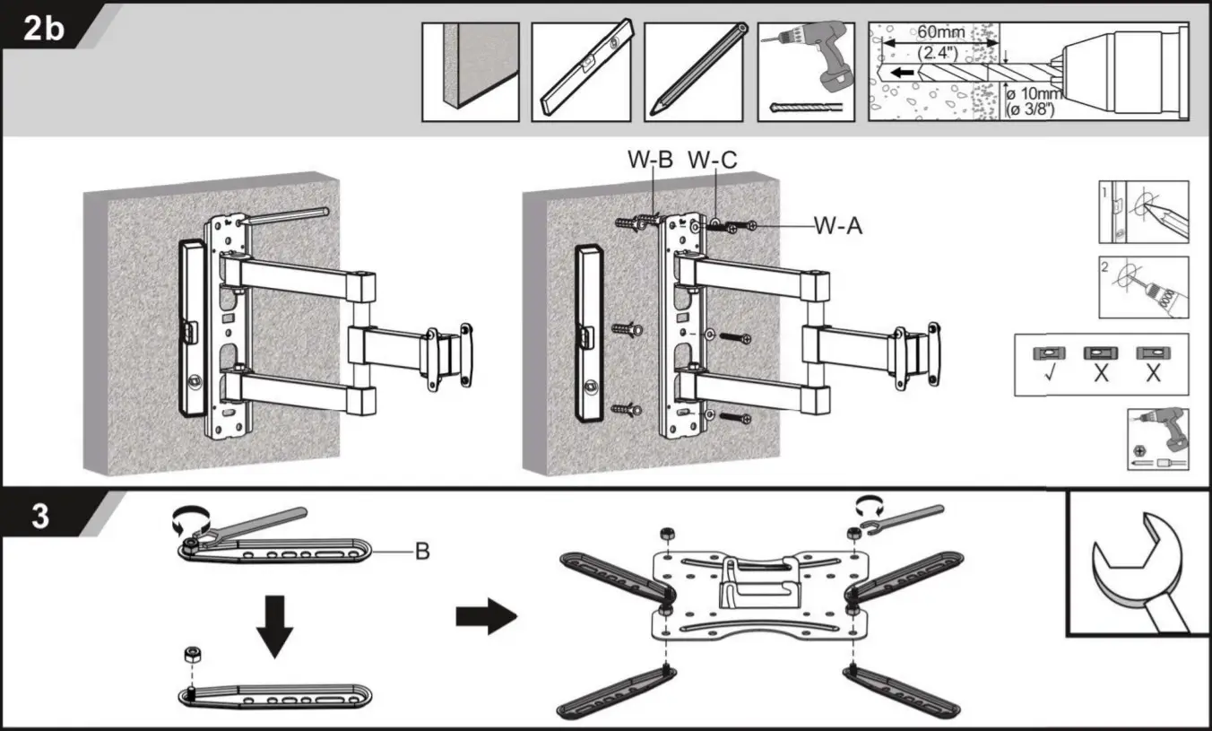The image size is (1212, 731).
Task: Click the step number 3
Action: [41, 519]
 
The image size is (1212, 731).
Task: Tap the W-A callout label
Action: [838, 226]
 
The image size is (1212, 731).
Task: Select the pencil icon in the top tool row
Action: [693, 72]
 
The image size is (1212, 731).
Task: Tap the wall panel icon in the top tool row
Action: [470, 72]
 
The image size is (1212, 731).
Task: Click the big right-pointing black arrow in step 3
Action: [487, 618]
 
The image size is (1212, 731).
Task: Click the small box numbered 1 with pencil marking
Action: [1144, 212]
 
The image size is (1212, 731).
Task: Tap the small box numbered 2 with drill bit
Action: [1144, 287]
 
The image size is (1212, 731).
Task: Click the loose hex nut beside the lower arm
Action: [191, 654]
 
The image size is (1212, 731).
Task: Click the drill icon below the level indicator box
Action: [1157, 439]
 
